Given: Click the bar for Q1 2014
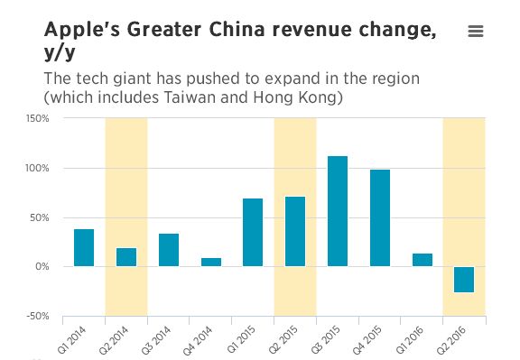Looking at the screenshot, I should coord(84,248).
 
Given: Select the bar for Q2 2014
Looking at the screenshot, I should coord(126,257).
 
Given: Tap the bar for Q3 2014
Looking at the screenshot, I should coord(169,250).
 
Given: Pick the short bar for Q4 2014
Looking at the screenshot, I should coord(210,262).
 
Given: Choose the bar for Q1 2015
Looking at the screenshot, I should coord(253,232).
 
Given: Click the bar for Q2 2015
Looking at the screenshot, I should coord(295,231).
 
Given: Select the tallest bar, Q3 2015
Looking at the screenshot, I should coord(338,211).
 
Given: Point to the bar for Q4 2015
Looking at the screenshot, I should coord(380,217).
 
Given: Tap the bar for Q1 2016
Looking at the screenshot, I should coord(422,260).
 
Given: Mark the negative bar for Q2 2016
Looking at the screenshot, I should coord(464,280).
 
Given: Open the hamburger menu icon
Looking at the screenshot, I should coord(476,32).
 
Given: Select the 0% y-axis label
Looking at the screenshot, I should coord(42,267).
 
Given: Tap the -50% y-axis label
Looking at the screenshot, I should coord(38,317).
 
